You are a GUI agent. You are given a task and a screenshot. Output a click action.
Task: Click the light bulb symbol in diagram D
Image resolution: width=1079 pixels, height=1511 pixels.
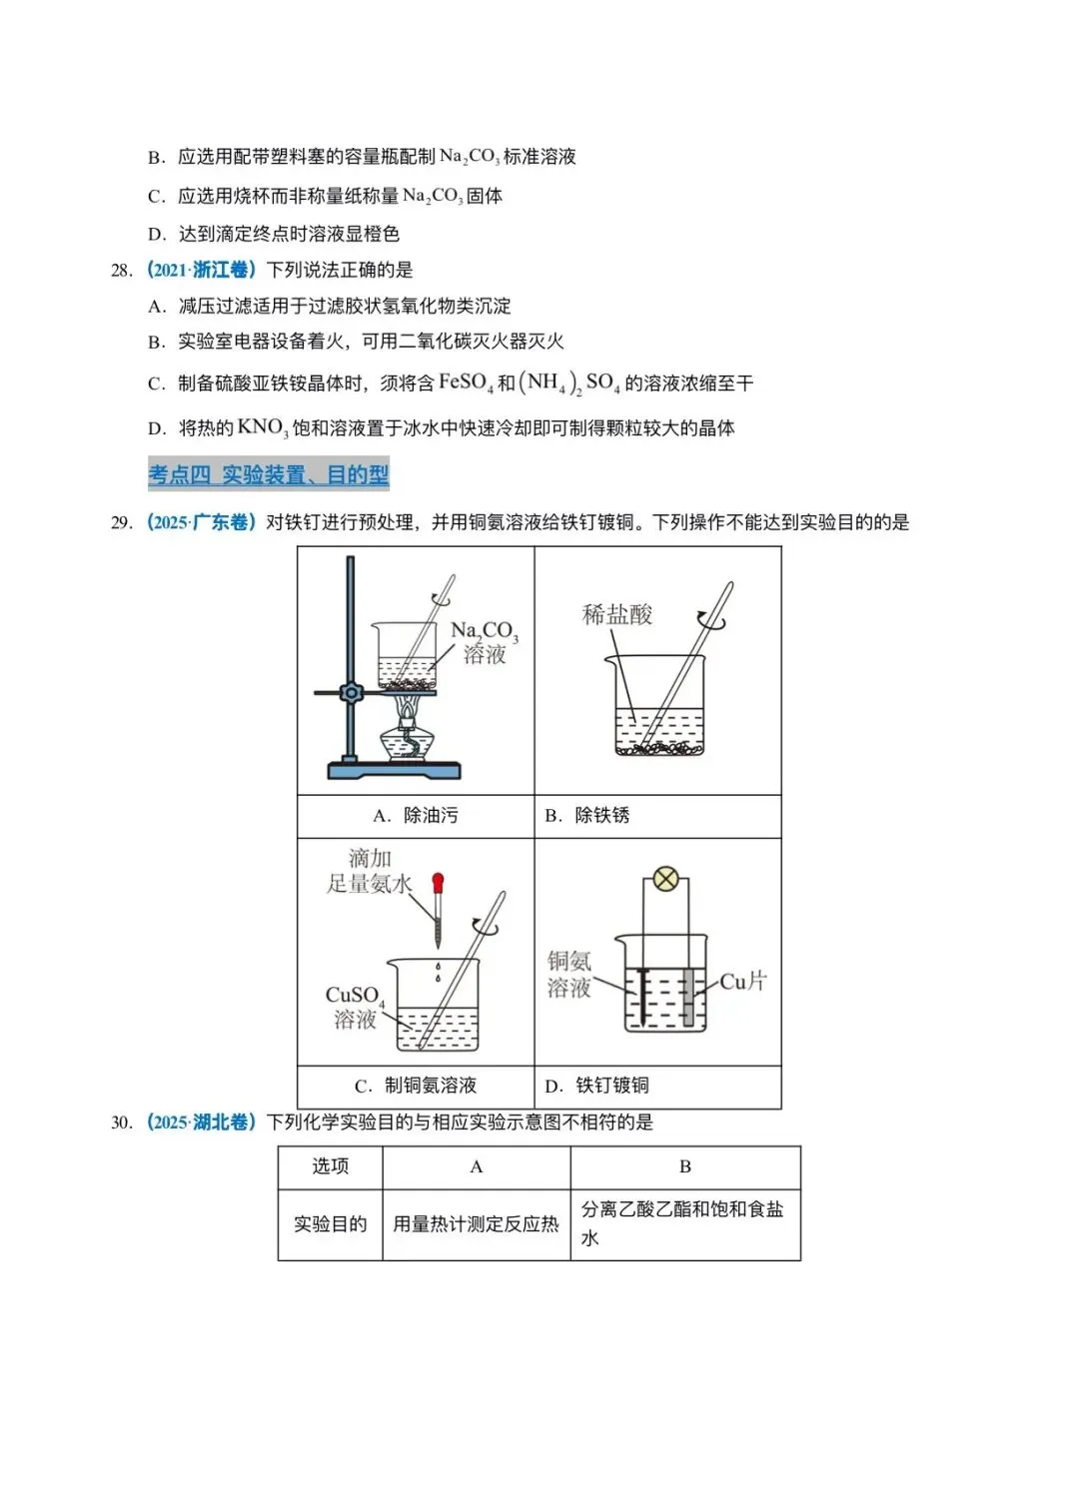665,880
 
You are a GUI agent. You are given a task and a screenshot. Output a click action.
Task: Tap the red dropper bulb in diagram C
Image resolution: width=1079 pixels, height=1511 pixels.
438,883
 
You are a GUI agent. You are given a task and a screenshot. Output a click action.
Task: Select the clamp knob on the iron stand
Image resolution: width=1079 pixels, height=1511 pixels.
351,692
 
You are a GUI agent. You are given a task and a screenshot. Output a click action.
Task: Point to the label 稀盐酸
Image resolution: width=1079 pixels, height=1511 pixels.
617,614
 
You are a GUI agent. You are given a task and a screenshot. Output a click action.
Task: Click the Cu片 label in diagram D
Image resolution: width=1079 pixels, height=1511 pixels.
743,982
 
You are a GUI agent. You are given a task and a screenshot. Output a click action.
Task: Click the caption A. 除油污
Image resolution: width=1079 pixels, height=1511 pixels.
416,816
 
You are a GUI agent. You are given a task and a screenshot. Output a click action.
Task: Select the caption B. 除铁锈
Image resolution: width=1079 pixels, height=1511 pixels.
587,816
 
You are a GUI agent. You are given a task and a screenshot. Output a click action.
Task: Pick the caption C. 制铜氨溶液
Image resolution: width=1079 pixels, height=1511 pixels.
416,1086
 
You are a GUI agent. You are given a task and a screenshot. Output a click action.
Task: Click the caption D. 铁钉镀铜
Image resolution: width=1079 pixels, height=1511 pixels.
597,1086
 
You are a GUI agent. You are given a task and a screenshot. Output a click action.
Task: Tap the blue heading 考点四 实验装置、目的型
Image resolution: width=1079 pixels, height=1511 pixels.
269,474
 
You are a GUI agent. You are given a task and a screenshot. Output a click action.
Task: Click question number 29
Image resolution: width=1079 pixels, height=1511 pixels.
121,522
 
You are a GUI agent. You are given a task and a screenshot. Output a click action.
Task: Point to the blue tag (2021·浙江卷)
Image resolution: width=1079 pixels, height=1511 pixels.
201,270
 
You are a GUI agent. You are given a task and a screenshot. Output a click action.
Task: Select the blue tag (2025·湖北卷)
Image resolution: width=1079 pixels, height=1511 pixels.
201,1123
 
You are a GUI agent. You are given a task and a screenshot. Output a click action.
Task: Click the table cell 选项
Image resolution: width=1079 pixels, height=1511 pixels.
331,1166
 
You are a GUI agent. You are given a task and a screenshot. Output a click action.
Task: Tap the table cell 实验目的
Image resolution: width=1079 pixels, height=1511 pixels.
331,1224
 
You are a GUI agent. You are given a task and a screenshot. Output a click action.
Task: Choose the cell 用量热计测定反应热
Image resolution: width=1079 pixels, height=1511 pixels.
476,1224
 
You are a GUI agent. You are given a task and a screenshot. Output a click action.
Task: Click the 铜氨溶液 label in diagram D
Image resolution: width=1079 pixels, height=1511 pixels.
569,975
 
